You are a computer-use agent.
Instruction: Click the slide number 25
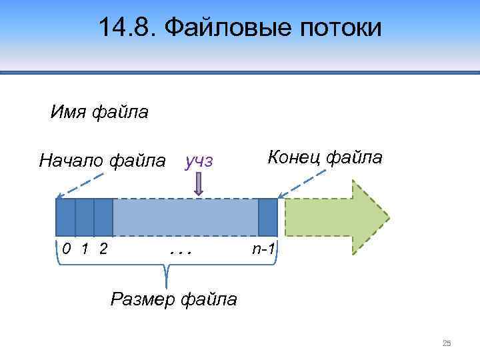pyautogui.click(x=447, y=343)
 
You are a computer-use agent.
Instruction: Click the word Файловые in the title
pyautogui.click(x=228, y=28)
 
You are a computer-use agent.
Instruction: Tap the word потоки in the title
pyautogui.click(x=341, y=28)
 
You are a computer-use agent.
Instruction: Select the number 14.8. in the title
pyautogui.click(x=127, y=28)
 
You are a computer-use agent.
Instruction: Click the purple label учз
pyautogui.click(x=199, y=161)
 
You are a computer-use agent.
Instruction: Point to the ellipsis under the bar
pyautogui.click(x=181, y=252)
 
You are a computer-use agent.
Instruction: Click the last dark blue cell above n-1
pyautogui.click(x=267, y=217)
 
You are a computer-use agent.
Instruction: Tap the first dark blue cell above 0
pyautogui.click(x=65, y=217)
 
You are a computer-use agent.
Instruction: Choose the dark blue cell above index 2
pyautogui.click(x=103, y=217)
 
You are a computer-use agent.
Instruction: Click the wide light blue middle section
pyautogui.click(x=185, y=217)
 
